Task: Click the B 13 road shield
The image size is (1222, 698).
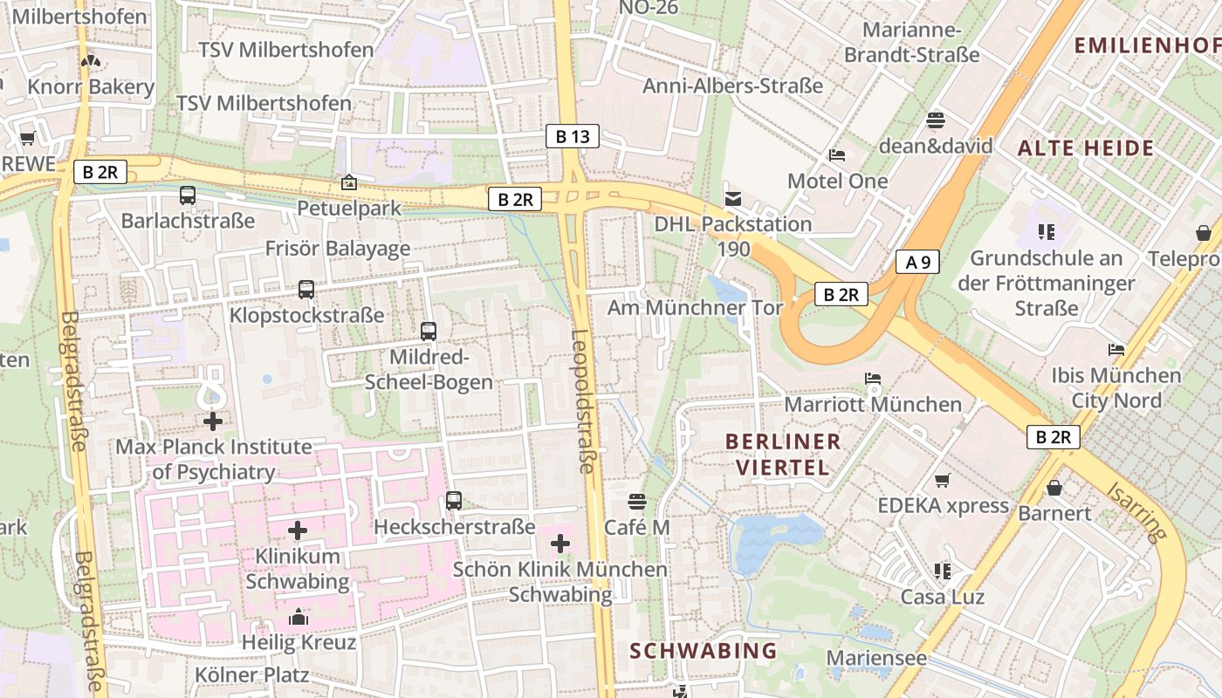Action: click(x=573, y=136)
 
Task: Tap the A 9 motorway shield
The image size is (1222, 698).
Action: click(x=916, y=262)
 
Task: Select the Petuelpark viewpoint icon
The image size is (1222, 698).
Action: click(x=349, y=182)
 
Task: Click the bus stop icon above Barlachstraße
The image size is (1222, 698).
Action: click(x=188, y=195)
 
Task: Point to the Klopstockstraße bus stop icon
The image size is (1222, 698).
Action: click(x=305, y=290)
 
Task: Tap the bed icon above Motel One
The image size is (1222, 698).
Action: click(x=837, y=155)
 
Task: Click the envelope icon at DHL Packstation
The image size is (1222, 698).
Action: click(x=732, y=199)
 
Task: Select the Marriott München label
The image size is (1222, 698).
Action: click(x=873, y=405)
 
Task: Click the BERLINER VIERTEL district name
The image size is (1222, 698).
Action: click(x=783, y=454)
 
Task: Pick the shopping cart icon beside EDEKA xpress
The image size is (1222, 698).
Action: click(x=942, y=481)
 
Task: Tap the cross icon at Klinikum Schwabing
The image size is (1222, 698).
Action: click(x=298, y=530)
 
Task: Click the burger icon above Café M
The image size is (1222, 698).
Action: click(x=637, y=502)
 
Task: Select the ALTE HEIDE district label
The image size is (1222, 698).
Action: click(x=1086, y=147)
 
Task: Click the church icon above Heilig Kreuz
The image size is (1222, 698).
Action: click(x=299, y=617)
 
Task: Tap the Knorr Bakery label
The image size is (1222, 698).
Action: click(x=91, y=86)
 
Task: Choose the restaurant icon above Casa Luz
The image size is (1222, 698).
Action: click(x=942, y=571)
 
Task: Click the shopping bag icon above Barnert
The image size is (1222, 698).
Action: click(x=1054, y=488)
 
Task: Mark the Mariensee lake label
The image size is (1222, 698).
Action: click(x=875, y=658)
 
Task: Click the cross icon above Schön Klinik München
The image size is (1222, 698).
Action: click(x=560, y=544)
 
